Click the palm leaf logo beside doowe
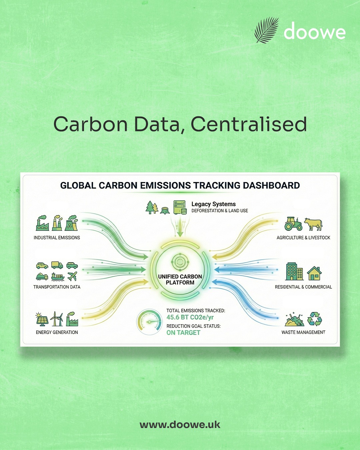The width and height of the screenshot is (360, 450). click(x=266, y=30)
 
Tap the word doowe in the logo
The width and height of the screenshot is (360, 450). click(x=314, y=31)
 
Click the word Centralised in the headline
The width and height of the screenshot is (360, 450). click(x=249, y=124)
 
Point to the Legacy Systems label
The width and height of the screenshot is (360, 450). click(x=214, y=204)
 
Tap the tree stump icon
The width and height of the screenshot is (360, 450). click(x=165, y=210)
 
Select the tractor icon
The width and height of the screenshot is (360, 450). click(x=293, y=224)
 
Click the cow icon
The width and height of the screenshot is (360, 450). click(x=313, y=224)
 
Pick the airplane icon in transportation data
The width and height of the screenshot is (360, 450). click(x=72, y=276)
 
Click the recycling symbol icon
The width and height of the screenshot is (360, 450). click(x=314, y=319)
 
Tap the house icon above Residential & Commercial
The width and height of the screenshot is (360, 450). click(x=314, y=274)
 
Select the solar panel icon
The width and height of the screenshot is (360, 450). click(x=42, y=319)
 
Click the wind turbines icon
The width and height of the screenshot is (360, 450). click(x=56, y=319)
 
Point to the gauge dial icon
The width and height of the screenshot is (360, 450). click(x=149, y=322)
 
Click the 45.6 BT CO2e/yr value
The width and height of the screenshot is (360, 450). click(x=190, y=317)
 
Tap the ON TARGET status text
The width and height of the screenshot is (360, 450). click(x=183, y=332)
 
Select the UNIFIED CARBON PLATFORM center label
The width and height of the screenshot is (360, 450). click(x=180, y=279)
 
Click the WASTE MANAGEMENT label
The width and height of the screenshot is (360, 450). click(x=303, y=332)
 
